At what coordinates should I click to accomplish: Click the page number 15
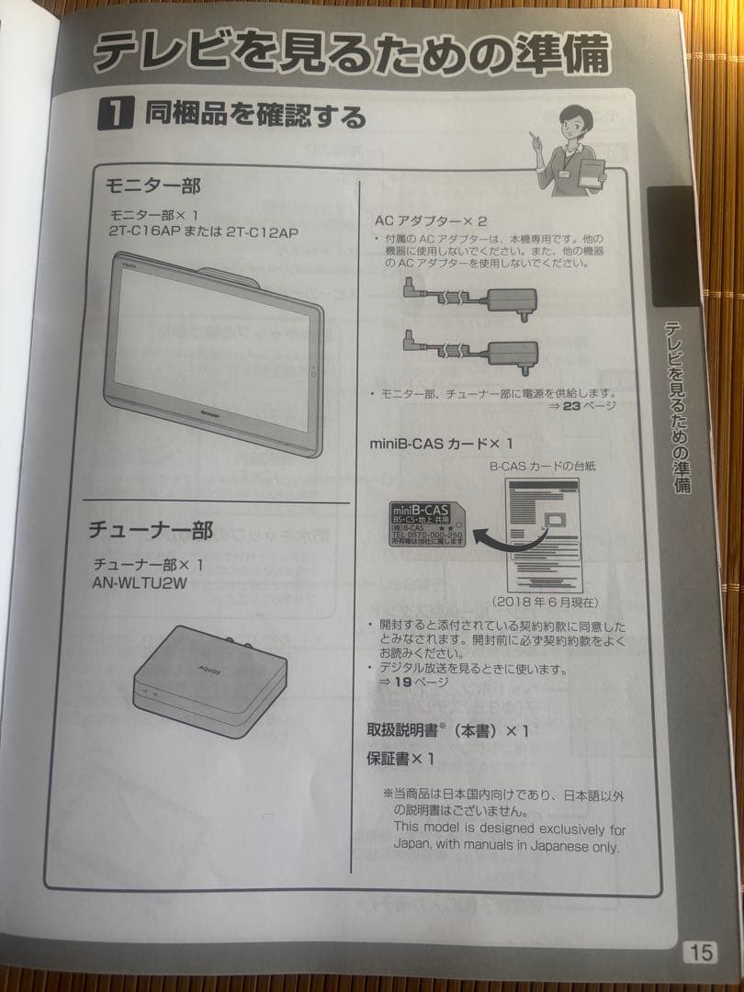pyautogui.click(x=699, y=953)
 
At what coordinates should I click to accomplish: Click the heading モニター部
pyautogui.click(x=153, y=185)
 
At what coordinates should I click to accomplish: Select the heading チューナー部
pyautogui.click(x=150, y=530)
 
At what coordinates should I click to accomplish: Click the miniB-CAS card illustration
pyautogui.click(x=428, y=524)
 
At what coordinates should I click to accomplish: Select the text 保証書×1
pyautogui.click(x=400, y=759)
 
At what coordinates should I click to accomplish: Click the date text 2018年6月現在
pyautogui.click(x=544, y=602)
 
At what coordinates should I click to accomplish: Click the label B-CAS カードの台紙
pyautogui.click(x=542, y=467)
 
